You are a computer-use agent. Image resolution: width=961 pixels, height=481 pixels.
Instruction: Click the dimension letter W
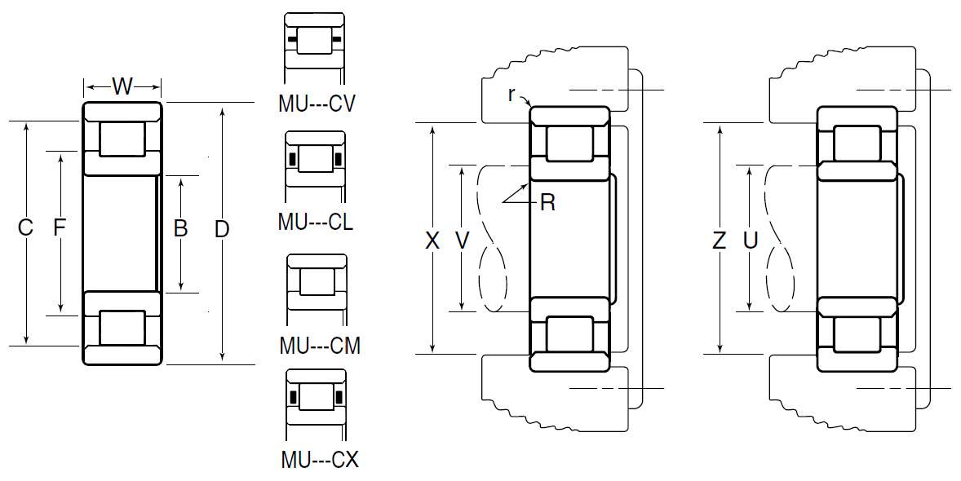coord(122,86)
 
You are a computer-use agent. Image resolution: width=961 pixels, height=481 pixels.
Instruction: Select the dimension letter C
coord(25,228)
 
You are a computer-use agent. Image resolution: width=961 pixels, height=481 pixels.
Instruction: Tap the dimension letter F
coord(59,228)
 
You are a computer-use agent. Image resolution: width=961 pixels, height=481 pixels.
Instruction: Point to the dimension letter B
coord(181,228)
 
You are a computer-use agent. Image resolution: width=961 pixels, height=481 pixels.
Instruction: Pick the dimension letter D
coord(221,230)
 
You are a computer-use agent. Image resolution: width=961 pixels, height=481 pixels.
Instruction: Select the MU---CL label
coord(316,222)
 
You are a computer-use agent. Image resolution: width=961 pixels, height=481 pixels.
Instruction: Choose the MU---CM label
coord(319,346)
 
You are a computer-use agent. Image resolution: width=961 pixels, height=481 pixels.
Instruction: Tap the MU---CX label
coord(319,460)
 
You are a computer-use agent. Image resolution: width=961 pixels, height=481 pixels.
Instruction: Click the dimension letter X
coord(432,240)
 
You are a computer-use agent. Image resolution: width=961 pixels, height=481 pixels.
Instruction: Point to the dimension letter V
coord(463,240)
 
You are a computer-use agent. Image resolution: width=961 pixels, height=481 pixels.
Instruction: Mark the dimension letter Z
coord(719,240)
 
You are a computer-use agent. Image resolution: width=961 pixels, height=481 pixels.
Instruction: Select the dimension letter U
coord(751,240)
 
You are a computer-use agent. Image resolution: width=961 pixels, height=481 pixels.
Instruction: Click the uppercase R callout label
coord(547,203)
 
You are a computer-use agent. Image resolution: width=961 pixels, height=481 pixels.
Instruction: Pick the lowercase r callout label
coord(511,94)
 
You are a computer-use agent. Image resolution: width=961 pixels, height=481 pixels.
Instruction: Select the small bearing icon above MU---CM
coord(317,282)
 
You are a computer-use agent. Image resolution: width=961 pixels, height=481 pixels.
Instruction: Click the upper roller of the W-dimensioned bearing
coord(122,139)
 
